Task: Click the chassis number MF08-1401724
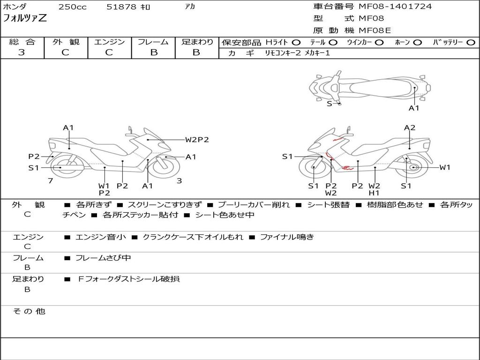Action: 395,7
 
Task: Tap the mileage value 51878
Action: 121,7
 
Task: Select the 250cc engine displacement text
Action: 72,7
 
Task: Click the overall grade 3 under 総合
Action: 22,52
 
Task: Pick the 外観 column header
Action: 66,42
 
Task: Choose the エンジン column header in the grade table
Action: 109,42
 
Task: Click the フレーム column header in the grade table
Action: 153,42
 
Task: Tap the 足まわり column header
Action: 197,42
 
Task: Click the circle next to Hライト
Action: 296,43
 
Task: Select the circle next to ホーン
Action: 417,43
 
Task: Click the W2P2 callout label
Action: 197,139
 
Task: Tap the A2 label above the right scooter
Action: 410,127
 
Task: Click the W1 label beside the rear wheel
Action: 444,167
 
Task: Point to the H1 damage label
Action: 374,193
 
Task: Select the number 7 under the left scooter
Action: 50,180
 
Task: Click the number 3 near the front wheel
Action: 179,180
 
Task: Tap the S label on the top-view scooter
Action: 329,104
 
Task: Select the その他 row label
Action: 28,311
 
